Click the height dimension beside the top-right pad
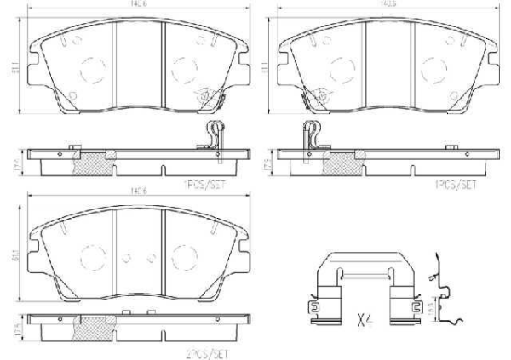click(266, 65)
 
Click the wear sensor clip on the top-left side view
click(214, 136)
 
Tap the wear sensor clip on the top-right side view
click(310, 136)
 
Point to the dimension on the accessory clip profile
click(430, 303)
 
